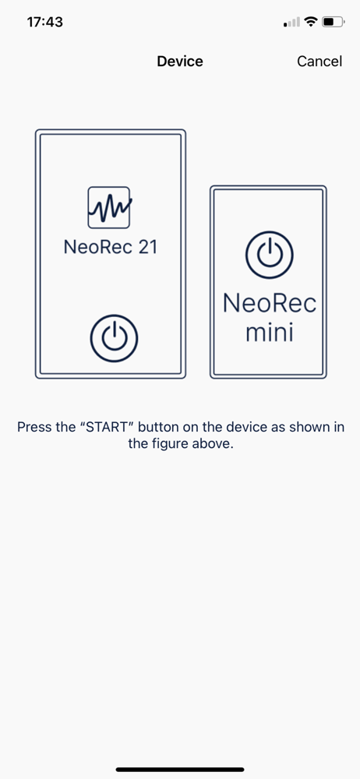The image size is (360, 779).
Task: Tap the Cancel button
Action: [x=319, y=61]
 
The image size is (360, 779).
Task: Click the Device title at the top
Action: [x=180, y=61]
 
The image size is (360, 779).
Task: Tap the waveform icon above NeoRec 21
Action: [x=110, y=207]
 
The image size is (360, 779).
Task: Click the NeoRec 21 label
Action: [x=111, y=247]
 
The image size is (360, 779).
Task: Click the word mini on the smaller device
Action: [x=269, y=333]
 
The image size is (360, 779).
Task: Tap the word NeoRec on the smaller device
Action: [x=269, y=302]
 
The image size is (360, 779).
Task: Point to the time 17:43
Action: [x=44, y=22]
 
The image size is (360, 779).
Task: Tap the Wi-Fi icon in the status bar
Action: [x=311, y=22]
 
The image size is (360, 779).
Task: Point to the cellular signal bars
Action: [x=292, y=22]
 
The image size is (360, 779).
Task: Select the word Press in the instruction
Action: [x=34, y=427]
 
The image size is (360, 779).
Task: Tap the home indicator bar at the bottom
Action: [x=180, y=770]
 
